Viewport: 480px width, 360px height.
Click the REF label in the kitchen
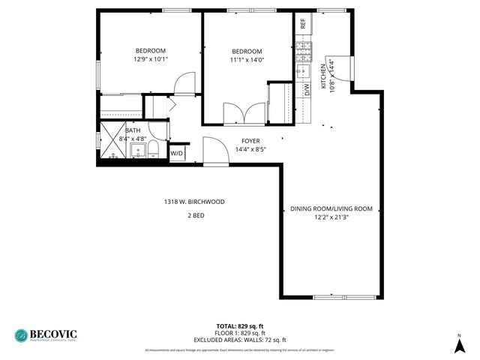pyautogui.click(x=303, y=23)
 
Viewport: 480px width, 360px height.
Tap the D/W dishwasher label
pyautogui.click(x=307, y=88)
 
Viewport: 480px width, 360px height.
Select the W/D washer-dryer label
pyautogui.click(x=177, y=153)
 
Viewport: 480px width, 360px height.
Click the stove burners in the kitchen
pyautogui.click(x=304, y=51)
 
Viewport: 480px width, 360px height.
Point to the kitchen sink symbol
pyautogui.click(x=303, y=71)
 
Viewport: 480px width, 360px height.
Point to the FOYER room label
pyautogui.click(x=250, y=141)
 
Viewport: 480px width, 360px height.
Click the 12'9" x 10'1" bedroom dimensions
pyautogui.click(x=151, y=58)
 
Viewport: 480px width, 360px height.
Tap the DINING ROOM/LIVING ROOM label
pyautogui.click(x=331, y=208)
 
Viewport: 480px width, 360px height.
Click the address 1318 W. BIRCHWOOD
pyautogui.click(x=194, y=202)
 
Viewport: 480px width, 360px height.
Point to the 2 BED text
pyautogui.click(x=195, y=216)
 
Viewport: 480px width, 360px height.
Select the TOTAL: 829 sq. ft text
pyautogui.click(x=240, y=325)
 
